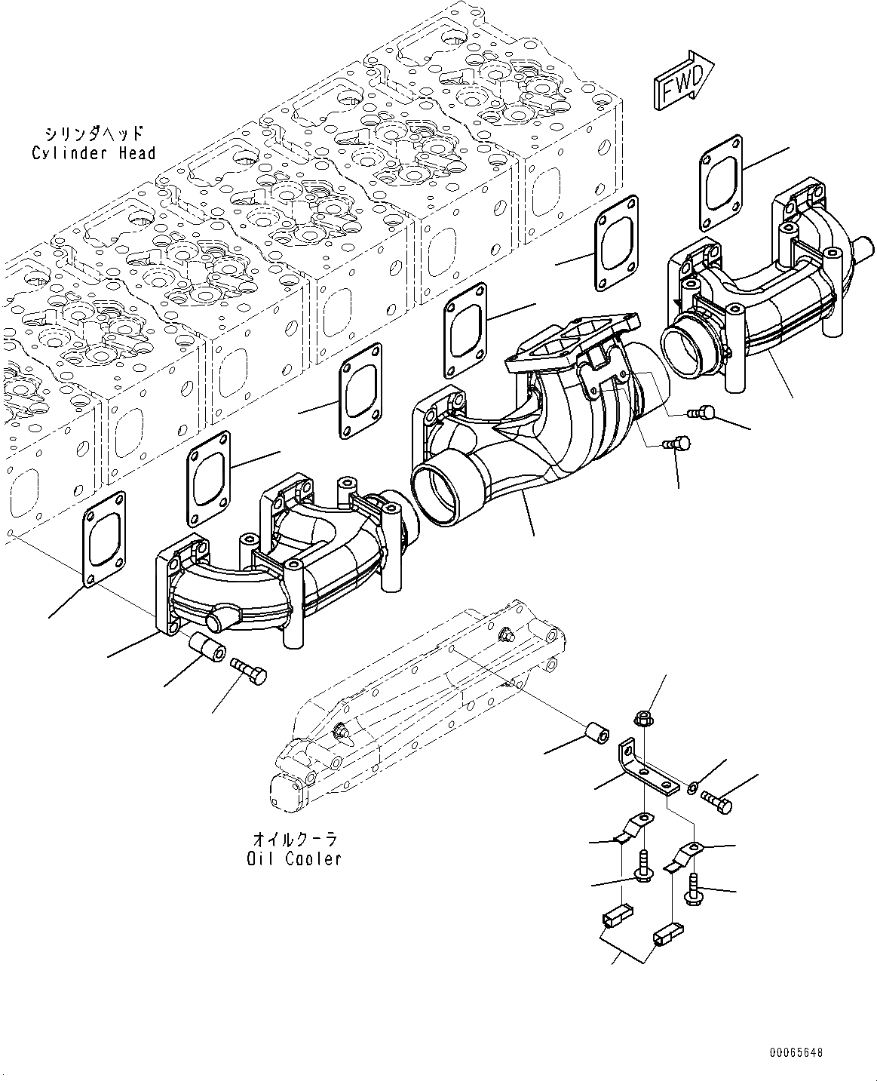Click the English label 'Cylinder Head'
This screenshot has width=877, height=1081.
click(x=94, y=153)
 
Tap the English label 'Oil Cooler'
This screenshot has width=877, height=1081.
click(x=293, y=858)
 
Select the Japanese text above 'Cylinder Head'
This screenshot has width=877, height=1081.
click(x=93, y=134)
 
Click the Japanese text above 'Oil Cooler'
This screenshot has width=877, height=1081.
click(x=294, y=839)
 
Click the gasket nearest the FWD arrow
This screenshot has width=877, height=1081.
click(x=721, y=181)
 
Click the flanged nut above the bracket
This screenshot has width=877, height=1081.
click(x=643, y=719)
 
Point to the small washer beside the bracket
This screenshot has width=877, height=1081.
click(x=692, y=789)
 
